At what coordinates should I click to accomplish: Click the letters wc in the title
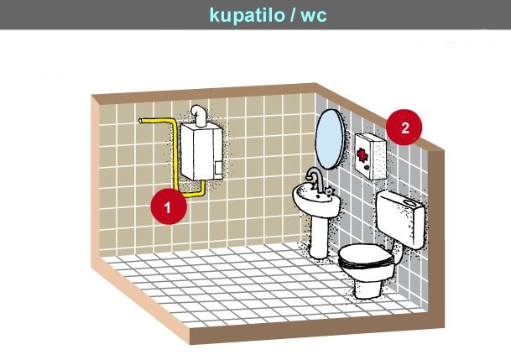[x=314, y=16]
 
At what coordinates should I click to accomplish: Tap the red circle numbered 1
[x=169, y=206]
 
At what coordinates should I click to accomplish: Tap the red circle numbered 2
[x=404, y=127]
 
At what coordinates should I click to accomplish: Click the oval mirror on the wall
[x=330, y=139]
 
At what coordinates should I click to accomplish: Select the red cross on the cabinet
[x=362, y=154]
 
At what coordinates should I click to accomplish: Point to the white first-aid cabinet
[x=371, y=156]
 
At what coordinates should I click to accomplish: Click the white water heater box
[x=201, y=152]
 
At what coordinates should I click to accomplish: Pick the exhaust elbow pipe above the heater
[x=199, y=115]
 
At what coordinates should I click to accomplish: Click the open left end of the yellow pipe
[x=140, y=121]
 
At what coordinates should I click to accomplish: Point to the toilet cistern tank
[x=400, y=218]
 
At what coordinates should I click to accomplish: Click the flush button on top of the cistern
[x=409, y=202]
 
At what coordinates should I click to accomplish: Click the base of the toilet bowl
[x=368, y=289]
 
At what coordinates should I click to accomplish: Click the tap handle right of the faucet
[x=329, y=191]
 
